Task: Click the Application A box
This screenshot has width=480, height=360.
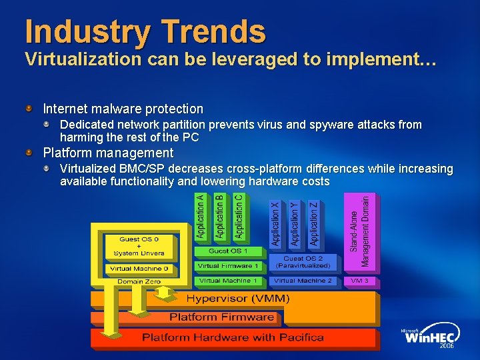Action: point(200,217)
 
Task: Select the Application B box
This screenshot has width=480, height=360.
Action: point(219,217)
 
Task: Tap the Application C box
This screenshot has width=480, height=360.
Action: point(238,217)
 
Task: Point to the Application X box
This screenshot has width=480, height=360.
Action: point(275,224)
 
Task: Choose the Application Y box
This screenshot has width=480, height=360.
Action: point(294,224)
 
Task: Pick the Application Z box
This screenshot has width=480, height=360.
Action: point(313,224)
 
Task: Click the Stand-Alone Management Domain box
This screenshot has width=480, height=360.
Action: point(359,231)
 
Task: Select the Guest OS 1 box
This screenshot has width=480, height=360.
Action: point(227,251)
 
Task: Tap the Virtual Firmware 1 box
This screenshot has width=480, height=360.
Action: point(227,265)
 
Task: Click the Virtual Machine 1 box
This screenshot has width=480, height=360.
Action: point(227,281)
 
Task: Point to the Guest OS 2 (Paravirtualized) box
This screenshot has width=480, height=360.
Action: point(303,262)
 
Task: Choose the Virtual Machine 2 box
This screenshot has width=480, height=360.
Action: point(303,281)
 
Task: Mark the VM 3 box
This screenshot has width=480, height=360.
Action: point(359,281)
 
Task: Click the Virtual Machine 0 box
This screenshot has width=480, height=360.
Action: point(139,269)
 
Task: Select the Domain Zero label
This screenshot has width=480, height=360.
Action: point(139,282)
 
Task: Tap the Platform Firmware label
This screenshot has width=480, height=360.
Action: point(221,317)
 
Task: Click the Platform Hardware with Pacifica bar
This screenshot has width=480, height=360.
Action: point(233,337)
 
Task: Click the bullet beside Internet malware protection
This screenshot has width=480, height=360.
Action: point(29,108)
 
